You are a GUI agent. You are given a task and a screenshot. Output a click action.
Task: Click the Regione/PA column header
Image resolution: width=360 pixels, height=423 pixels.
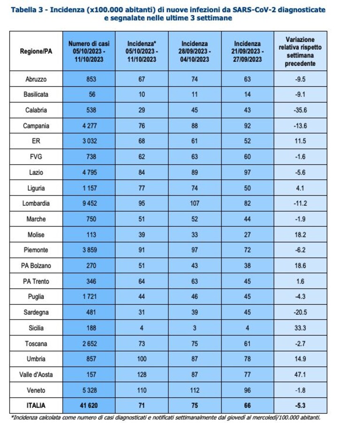click(x=36, y=51)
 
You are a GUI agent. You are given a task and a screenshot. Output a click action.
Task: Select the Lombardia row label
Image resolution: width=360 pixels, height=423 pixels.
click(x=36, y=204)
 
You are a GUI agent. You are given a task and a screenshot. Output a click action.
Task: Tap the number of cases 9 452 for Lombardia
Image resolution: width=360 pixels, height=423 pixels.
click(x=90, y=204)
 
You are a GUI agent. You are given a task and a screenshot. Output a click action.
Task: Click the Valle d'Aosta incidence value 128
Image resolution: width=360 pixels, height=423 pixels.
click(x=142, y=374)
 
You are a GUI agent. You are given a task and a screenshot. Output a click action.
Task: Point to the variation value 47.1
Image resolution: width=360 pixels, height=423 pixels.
click(x=300, y=374)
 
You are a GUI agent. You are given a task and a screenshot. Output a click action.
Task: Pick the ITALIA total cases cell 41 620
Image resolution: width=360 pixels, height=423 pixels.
click(x=89, y=406)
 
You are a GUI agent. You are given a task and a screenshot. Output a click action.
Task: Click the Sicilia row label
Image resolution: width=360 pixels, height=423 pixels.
click(x=36, y=328)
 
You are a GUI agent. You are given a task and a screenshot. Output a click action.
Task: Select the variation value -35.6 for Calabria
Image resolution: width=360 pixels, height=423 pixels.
click(x=300, y=110)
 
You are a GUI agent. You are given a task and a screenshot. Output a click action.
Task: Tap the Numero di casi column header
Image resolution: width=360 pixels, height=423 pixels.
click(x=89, y=51)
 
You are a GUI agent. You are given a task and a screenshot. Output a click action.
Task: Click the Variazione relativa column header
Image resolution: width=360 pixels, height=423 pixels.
click(x=300, y=51)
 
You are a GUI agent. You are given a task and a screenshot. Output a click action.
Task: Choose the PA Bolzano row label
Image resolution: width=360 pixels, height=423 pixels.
click(x=36, y=266)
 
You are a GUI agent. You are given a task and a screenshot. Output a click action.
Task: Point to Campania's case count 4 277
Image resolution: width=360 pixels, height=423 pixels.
click(x=90, y=126)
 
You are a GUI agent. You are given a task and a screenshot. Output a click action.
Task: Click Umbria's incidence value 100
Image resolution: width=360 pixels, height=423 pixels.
click(x=142, y=359)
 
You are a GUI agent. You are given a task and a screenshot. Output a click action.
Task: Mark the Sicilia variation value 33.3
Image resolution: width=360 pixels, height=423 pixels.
click(x=300, y=328)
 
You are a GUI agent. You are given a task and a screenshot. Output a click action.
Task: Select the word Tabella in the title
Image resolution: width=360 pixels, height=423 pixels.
click(x=23, y=10)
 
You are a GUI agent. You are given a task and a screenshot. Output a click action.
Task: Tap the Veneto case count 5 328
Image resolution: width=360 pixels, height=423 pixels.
click(x=90, y=390)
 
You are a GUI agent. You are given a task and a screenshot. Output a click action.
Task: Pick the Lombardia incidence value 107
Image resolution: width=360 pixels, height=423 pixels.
click(x=194, y=204)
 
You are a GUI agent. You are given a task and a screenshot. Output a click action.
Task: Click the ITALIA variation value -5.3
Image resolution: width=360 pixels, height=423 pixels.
click(x=300, y=406)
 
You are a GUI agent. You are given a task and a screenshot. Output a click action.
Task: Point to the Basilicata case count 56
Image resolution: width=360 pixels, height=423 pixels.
click(x=92, y=94)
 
